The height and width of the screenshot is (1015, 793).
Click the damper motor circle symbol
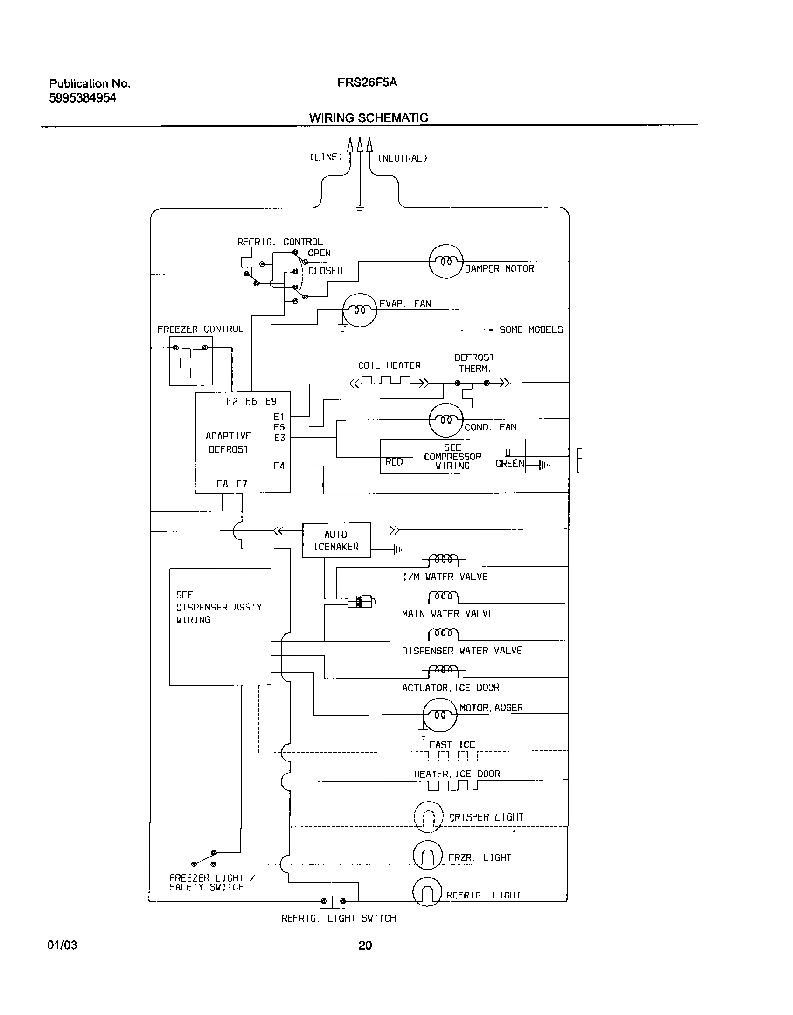point(446,261)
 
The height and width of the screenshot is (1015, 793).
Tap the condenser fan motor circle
point(446,419)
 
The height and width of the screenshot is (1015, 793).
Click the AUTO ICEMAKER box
point(336,540)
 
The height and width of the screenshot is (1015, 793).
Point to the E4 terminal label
point(279,466)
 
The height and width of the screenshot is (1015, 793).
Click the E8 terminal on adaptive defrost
point(222,484)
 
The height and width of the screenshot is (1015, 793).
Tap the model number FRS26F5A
point(367,83)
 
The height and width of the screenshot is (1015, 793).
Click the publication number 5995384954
point(83,98)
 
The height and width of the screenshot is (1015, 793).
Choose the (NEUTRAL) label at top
point(403,158)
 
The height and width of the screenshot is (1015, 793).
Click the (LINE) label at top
point(326,158)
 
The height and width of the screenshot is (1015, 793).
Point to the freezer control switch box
point(190,361)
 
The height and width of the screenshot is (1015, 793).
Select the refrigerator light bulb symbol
point(427,892)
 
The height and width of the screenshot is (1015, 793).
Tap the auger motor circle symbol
point(440,715)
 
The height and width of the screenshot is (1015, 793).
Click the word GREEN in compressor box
point(509,464)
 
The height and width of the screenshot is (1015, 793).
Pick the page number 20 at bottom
point(365,945)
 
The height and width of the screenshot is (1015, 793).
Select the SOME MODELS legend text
point(531,330)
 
